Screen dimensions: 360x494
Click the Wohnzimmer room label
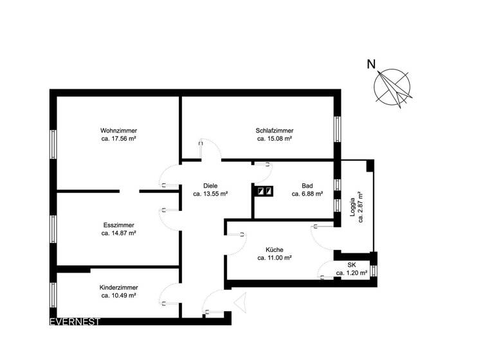coord(118,130)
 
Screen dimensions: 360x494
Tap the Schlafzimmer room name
coord(275,130)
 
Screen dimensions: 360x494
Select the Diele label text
coord(210,184)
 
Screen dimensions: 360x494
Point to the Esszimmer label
coord(118,226)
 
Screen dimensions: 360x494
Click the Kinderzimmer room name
coord(118,287)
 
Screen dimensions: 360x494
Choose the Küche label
coord(275,249)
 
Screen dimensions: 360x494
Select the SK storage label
coord(352,265)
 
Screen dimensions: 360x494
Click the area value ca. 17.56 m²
coord(118,138)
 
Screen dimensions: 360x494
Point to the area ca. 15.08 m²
coord(275,138)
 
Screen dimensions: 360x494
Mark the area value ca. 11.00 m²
coord(275,258)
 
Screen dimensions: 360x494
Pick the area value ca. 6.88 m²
coord(307,192)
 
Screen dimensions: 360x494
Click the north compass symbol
coord(394,87)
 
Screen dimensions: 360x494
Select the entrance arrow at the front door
coord(241,301)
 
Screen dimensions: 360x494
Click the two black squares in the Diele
coord(264,191)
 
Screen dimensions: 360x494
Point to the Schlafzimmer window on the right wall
coord(336,129)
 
